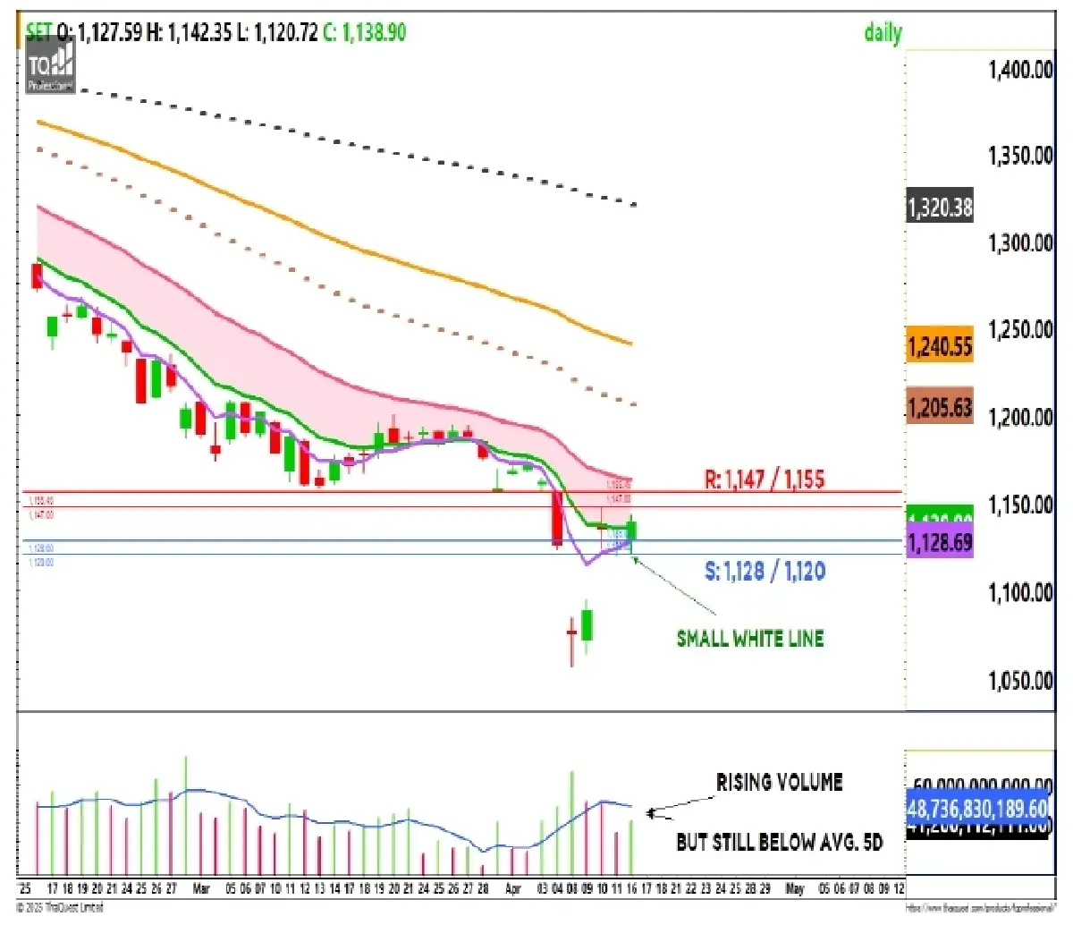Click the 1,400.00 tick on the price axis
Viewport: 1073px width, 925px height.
coord(1020,70)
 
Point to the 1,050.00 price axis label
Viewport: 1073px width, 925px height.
coord(1020,681)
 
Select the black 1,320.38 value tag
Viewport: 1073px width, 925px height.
coord(940,208)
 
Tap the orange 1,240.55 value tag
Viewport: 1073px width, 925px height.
coord(940,346)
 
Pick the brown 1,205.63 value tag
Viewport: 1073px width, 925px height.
coord(940,408)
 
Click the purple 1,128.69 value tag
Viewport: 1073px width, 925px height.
coord(940,543)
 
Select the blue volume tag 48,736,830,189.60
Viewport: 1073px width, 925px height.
coord(977,809)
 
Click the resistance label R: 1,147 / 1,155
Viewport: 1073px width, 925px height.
coord(765,479)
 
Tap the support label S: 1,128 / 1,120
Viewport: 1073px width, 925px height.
coord(765,571)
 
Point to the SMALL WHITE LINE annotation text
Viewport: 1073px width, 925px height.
coord(750,639)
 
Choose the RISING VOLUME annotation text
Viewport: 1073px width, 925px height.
coord(779,783)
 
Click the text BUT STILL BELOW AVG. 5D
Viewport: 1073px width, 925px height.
coord(779,842)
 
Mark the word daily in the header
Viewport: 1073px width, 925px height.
coord(883,33)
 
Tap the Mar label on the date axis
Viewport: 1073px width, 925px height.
coord(200,889)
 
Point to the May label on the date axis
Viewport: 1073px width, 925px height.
coord(794,889)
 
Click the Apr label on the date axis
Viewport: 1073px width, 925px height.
coord(512,889)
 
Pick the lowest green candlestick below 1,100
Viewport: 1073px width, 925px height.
coord(587,625)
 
